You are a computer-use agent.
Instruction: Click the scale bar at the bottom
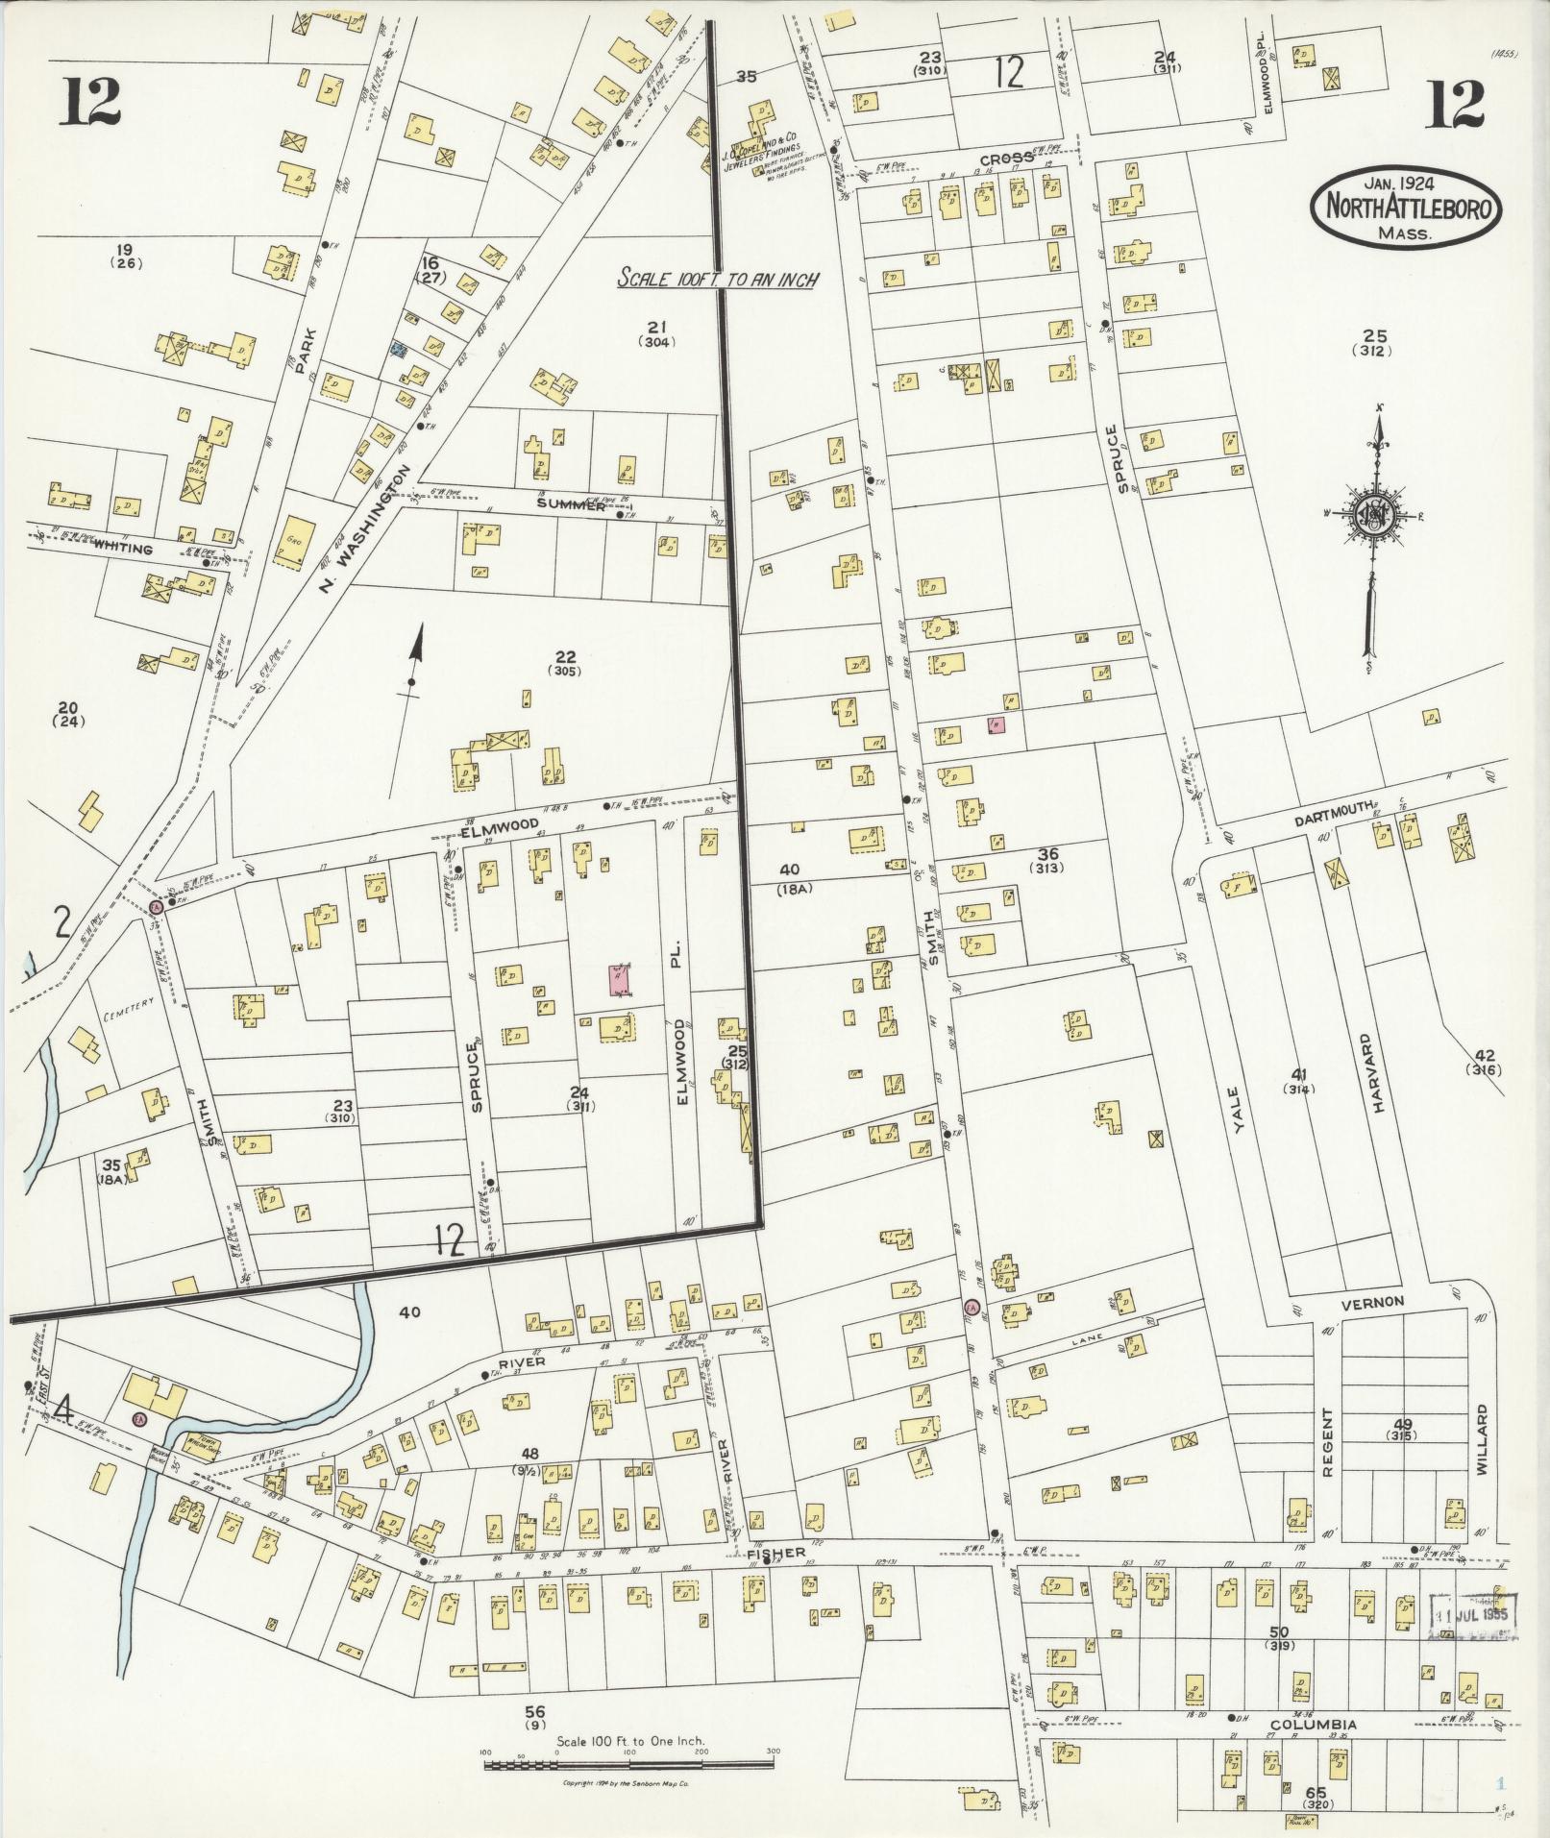coord(628,1765)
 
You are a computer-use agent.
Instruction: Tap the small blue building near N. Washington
coord(394,350)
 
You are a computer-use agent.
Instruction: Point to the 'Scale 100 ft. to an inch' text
coord(717,280)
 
